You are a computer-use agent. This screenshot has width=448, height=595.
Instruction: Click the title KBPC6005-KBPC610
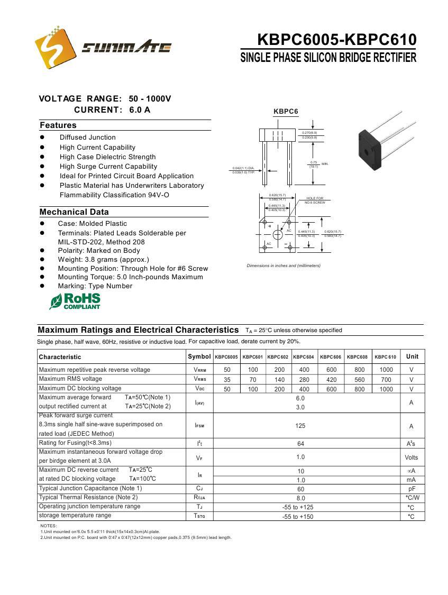coord(336,40)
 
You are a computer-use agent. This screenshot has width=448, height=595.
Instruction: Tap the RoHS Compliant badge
coord(75,301)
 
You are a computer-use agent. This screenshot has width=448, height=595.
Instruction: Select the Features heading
coord(58,125)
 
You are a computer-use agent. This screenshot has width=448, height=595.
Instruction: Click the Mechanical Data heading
coord(74,212)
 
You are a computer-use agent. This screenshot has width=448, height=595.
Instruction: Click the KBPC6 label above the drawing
coord(286,112)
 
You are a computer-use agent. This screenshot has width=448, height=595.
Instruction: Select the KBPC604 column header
coord(304,357)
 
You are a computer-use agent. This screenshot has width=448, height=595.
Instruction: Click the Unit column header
coord(412,356)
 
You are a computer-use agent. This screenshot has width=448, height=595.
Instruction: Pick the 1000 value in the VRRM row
coord(386,370)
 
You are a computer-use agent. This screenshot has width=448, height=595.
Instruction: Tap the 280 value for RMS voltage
coord(304,379)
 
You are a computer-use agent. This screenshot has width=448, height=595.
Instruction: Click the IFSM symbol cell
coord(199,426)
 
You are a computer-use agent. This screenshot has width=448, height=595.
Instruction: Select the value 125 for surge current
coord(300,426)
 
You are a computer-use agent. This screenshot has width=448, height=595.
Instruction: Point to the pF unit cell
coord(412,489)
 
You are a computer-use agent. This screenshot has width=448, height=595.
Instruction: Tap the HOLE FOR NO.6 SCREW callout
coord(315,200)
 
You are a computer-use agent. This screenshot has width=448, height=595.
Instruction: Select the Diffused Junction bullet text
coord(87,138)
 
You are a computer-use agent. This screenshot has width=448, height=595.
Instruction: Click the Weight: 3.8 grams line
coord(103,260)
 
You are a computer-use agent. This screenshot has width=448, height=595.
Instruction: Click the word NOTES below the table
coord(49,526)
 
